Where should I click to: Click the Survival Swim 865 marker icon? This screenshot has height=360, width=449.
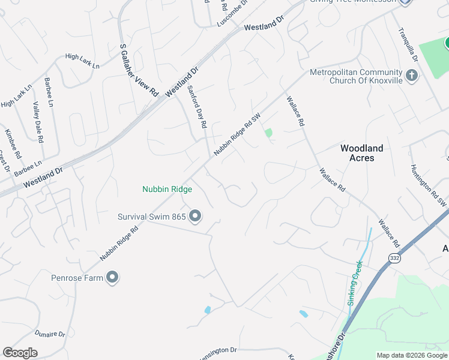pos(194,216)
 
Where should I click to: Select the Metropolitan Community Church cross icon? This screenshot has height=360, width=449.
pos(412,76)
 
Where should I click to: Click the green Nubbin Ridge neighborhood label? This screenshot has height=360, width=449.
pos(167,190)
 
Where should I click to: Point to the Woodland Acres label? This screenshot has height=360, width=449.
pos(361,153)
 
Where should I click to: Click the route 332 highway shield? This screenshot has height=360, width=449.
pos(394,258)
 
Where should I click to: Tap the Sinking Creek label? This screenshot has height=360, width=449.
pos(355,283)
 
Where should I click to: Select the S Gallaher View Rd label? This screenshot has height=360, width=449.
pos(139,70)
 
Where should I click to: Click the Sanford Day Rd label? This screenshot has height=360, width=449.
pos(197,107)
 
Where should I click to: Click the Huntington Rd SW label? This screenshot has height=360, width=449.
pos(429,186)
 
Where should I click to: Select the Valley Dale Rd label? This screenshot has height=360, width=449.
pos(38,122)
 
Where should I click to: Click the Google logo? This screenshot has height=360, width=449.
pos(20,353)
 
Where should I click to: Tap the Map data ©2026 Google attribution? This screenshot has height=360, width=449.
pos(411,356)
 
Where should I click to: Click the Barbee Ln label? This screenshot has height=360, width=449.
pos(48,92)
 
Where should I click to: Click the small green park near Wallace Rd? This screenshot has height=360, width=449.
pos(268,133)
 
